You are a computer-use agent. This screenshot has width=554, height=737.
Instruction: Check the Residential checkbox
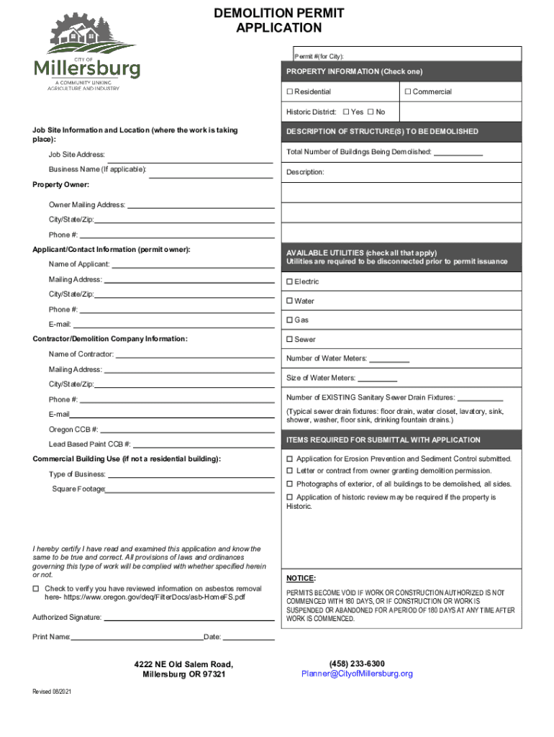coord(290,92)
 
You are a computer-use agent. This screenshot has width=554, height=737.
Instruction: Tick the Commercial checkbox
coord(407,92)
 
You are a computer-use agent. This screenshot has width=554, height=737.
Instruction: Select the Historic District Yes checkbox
coord(346,112)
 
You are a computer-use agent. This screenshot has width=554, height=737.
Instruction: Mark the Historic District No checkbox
coord(371,112)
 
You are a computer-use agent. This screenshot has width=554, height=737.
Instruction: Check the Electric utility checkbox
coord(290,281)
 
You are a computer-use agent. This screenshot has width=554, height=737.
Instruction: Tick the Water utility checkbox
coord(290,301)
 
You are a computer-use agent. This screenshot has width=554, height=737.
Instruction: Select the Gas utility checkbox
coord(290,320)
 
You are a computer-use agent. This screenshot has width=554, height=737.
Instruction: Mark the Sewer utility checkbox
coord(290,339)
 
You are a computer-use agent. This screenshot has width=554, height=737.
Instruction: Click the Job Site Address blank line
coord(191,156)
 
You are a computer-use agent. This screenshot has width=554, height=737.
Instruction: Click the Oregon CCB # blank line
coord(187,431)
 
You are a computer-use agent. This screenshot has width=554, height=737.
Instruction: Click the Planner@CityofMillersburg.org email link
coord(357,674)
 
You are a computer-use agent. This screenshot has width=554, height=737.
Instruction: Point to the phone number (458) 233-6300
coord(357,664)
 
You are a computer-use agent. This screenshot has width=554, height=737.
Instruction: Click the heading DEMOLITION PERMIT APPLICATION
coord(279,21)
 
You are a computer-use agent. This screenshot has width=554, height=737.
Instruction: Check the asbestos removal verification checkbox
coord(36,589)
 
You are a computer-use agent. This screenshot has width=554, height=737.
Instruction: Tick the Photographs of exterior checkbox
coord(290,484)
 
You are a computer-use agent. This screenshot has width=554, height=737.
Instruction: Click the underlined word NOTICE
coord(301,578)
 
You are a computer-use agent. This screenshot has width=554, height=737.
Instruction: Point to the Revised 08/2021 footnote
coord(52,692)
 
